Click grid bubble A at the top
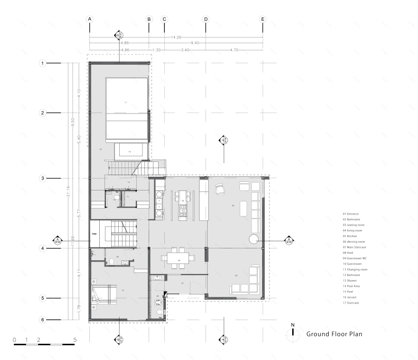(x=89, y=19)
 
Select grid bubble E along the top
(x=263, y=19)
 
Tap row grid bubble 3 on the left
(x=42, y=179)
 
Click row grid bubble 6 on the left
(x=42, y=320)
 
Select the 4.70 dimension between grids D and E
(x=234, y=49)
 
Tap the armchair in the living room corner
(x=219, y=189)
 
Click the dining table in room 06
(x=178, y=258)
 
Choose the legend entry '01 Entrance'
(x=352, y=214)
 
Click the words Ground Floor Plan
(x=334, y=334)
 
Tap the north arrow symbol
(x=293, y=332)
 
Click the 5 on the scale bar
(x=75, y=340)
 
